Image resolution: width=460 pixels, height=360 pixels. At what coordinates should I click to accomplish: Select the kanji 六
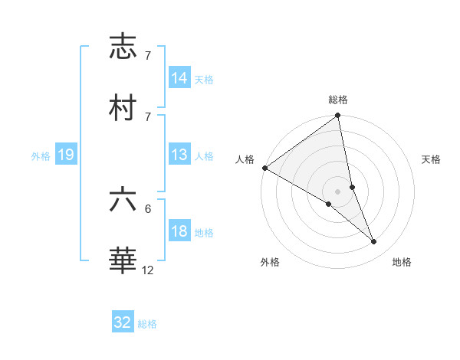click(123, 199)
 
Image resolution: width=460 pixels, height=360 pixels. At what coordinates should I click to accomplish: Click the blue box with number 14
click(179, 78)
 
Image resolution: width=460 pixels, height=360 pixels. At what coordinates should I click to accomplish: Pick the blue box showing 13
click(179, 155)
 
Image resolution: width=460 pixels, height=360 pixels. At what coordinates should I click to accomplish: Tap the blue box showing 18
click(179, 232)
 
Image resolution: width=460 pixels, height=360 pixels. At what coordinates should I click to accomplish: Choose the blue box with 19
click(66, 155)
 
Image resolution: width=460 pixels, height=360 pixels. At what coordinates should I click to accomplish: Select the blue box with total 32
click(123, 322)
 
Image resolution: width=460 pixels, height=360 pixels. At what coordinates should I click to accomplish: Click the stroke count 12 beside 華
click(148, 270)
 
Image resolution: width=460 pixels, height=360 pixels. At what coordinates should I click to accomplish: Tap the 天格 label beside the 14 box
click(204, 79)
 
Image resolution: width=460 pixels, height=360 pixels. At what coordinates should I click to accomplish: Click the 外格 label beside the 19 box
click(41, 156)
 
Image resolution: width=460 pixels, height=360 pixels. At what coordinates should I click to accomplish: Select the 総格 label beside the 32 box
click(147, 324)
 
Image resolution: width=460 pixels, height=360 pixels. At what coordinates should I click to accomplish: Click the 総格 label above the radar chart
click(338, 100)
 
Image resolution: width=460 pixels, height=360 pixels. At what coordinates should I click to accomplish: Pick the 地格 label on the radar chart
click(402, 263)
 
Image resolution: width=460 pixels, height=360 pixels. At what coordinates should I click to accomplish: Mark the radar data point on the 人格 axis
click(264, 168)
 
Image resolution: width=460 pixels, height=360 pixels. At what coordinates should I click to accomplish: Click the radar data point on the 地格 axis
click(374, 242)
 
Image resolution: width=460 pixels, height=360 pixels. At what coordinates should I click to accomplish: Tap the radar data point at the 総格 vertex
click(338, 116)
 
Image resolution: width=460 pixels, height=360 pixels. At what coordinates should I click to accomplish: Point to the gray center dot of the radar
click(338, 191)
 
